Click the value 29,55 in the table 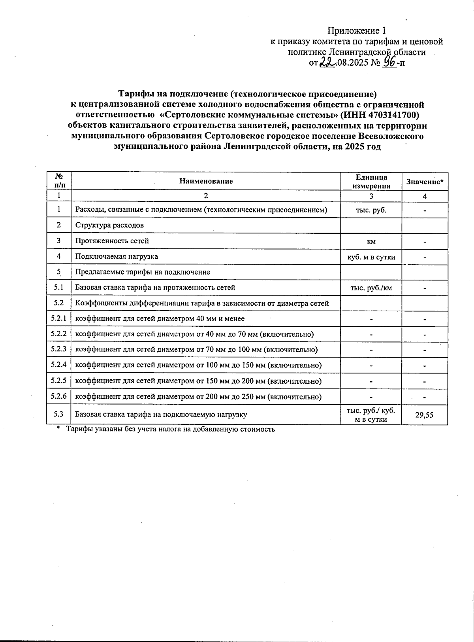pos(424,415)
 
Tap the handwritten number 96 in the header pos(389,62)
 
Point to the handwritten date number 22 pos(327,62)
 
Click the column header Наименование pos(206,181)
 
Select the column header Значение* pos(425,182)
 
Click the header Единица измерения pos(371,182)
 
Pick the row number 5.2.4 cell pos(58,365)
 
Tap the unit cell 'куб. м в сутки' pos(371,257)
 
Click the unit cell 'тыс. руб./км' pos(371,288)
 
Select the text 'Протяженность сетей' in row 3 pos(112,241)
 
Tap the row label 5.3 pos(58,414)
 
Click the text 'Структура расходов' pos(109,225)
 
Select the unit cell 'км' pos(371,241)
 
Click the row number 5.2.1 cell pos(58,318)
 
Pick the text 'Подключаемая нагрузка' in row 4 pos(117,256)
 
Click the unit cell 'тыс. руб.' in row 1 pos(371,210)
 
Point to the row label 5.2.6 pos(58,396)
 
